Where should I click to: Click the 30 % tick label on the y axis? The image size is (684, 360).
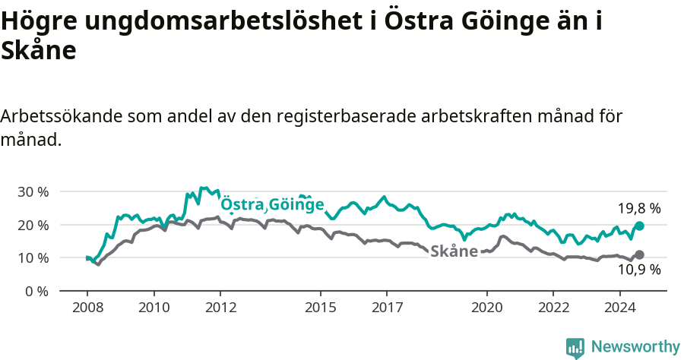pyautogui.click(x=32, y=192)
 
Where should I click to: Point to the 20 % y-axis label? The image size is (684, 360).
pyautogui.click(x=32, y=225)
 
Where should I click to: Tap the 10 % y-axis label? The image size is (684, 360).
pyautogui.click(x=32, y=258)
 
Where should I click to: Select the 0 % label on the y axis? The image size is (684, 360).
pyautogui.click(x=36, y=291)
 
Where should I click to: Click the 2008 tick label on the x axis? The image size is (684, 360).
pyautogui.click(x=87, y=309)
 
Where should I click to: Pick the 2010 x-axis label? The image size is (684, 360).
pyautogui.click(x=154, y=309)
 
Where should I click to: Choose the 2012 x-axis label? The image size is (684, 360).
pyautogui.click(x=220, y=309)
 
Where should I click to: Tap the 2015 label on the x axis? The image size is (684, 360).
pyautogui.click(x=320, y=309)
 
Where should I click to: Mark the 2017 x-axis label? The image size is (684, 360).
pyautogui.click(x=386, y=309)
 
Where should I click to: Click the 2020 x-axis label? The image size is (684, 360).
pyautogui.click(x=486, y=309)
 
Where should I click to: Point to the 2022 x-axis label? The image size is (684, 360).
pyautogui.click(x=553, y=309)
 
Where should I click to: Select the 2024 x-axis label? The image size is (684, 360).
pyautogui.click(x=619, y=309)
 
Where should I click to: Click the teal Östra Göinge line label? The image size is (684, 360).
pyautogui.click(x=272, y=205)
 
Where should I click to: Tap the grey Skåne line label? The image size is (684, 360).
pyautogui.click(x=454, y=251)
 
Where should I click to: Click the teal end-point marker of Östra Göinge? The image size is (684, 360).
pyautogui.click(x=639, y=226)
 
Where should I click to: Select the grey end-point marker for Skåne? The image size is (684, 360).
pyautogui.click(x=639, y=254)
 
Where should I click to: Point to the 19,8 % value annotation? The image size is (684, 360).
pyautogui.click(x=638, y=207)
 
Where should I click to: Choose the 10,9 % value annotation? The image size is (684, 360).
pyautogui.click(x=638, y=270)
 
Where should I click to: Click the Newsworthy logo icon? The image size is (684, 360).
pyautogui.click(x=575, y=348)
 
